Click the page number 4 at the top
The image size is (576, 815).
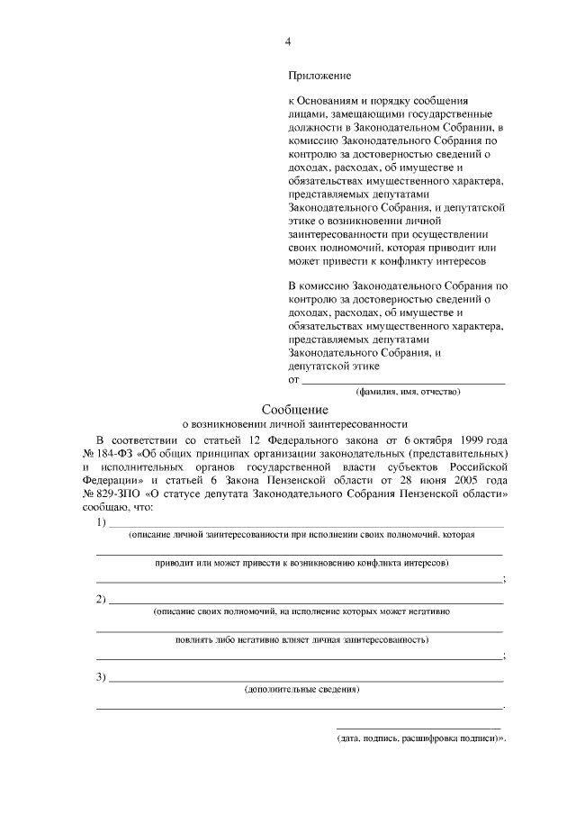[x=288, y=41]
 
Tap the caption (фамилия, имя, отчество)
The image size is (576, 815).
[x=408, y=392]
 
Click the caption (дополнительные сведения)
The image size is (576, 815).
[x=302, y=690]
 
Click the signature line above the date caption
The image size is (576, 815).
[x=418, y=727]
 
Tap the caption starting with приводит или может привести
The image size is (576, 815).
[x=302, y=563]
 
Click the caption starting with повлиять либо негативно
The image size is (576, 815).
[x=302, y=639]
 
